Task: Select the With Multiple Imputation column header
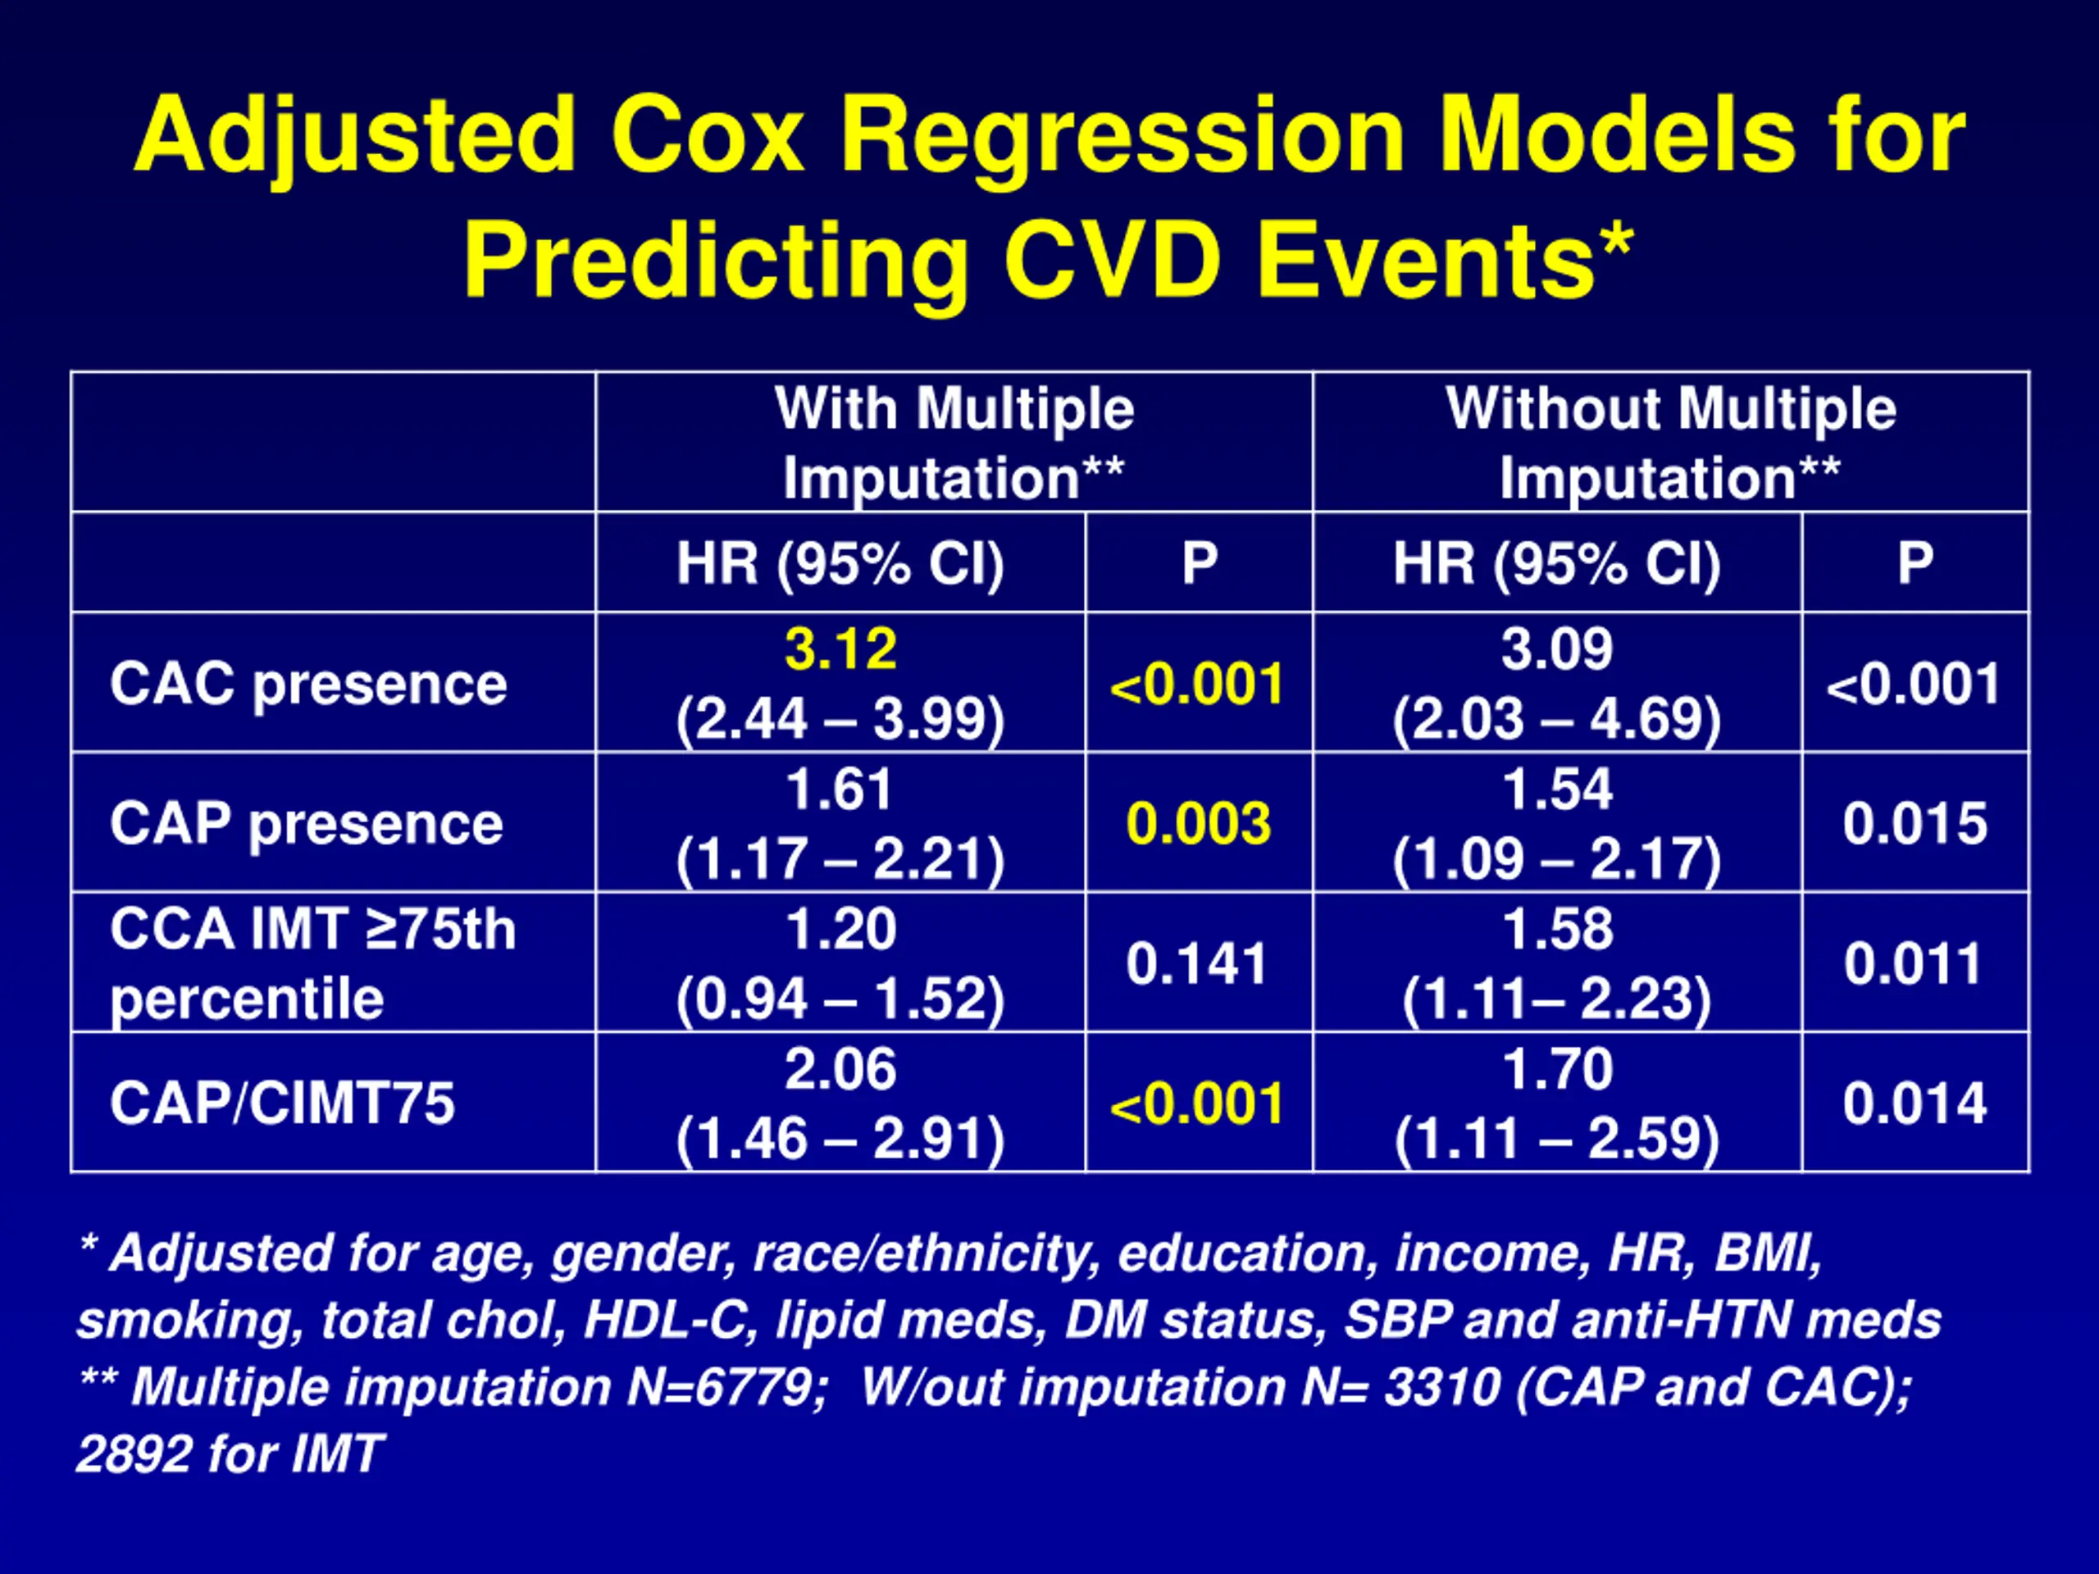pos(954,442)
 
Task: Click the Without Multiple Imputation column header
pos(1670,442)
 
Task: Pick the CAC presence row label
pos(308,684)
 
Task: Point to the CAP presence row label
pos(307,824)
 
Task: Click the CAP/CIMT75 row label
pos(282,1103)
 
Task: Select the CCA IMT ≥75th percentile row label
pos(312,963)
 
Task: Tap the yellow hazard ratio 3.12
pos(840,650)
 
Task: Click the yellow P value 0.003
pos(1199,824)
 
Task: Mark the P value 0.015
pos(1915,824)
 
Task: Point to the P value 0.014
pos(1915,1103)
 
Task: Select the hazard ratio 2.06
pos(840,1069)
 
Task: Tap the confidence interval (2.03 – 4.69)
pos(1557,719)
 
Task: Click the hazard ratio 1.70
pos(1557,1069)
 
